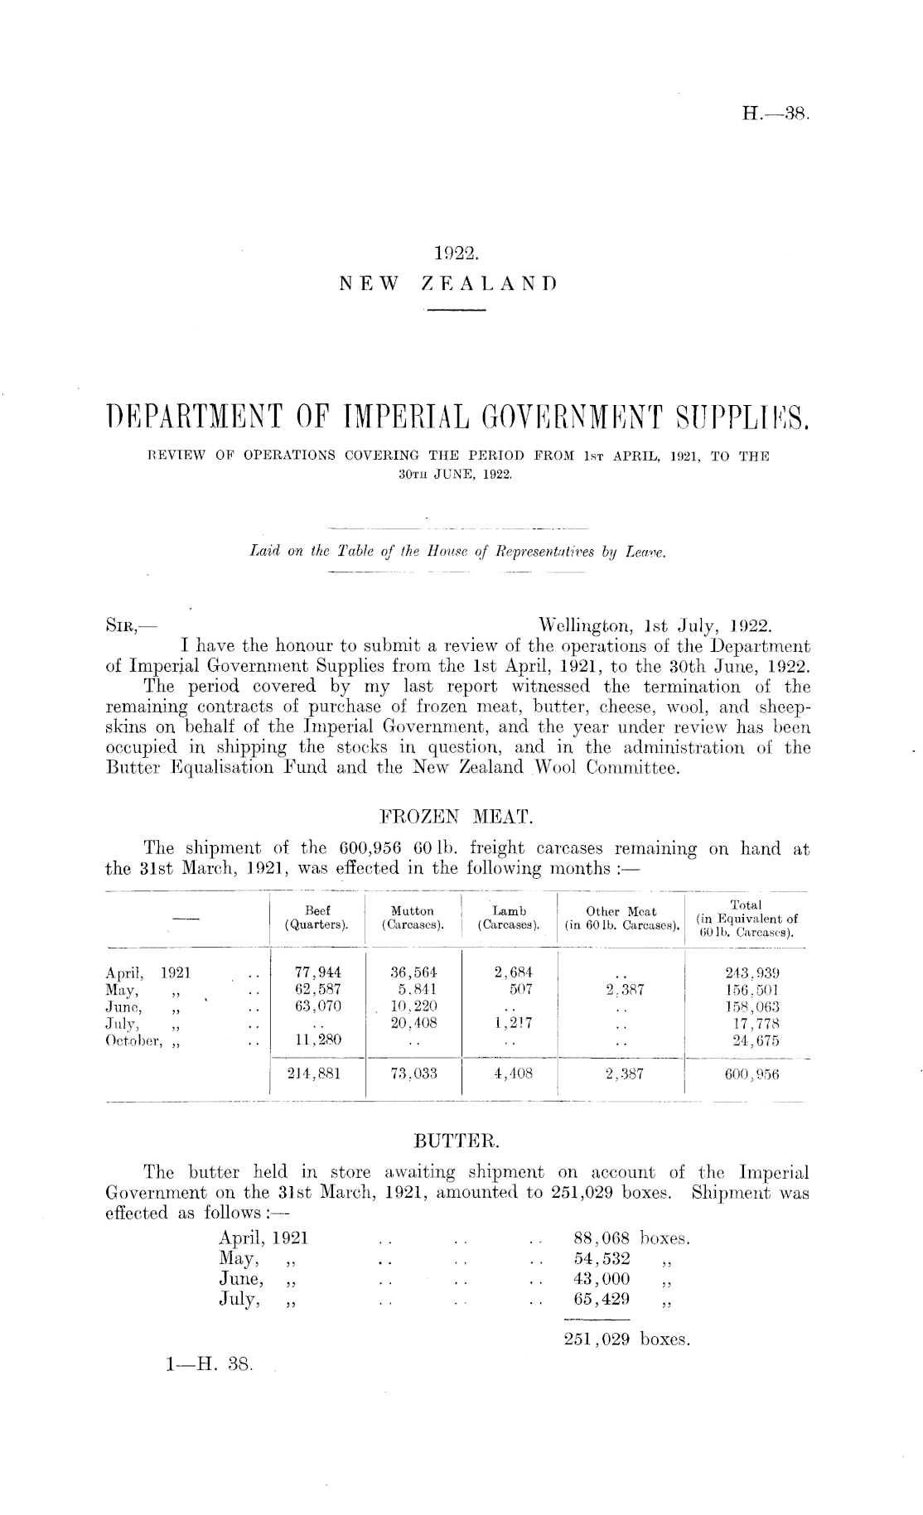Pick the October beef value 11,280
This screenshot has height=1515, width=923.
[x=318, y=1040]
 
